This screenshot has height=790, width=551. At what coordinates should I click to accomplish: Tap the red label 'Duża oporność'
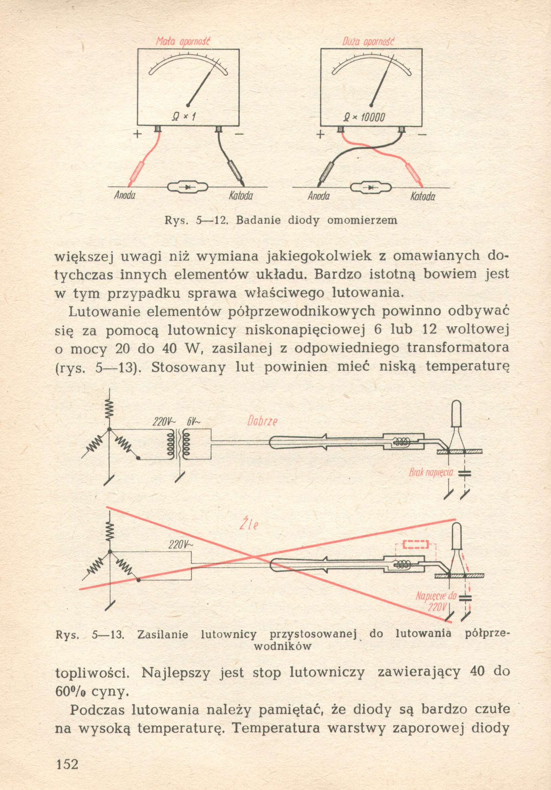point(368,42)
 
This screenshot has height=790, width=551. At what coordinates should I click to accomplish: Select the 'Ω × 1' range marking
point(183,117)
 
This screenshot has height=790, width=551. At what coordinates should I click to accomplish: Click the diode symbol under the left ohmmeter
point(187,187)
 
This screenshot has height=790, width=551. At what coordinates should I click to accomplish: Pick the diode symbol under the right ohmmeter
point(370,188)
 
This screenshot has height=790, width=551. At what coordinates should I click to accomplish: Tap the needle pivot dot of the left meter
point(187,105)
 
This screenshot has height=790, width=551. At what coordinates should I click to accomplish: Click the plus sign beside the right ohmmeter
point(320,135)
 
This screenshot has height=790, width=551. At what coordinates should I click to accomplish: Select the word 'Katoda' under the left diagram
point(241,196)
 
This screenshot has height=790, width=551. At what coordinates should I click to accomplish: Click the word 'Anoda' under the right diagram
point(318,196)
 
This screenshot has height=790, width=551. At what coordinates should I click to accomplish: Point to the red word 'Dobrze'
point(262,421)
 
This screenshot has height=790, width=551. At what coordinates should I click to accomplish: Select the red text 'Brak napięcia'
point(431,472)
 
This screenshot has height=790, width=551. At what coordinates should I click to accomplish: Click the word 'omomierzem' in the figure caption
point(362,220)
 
